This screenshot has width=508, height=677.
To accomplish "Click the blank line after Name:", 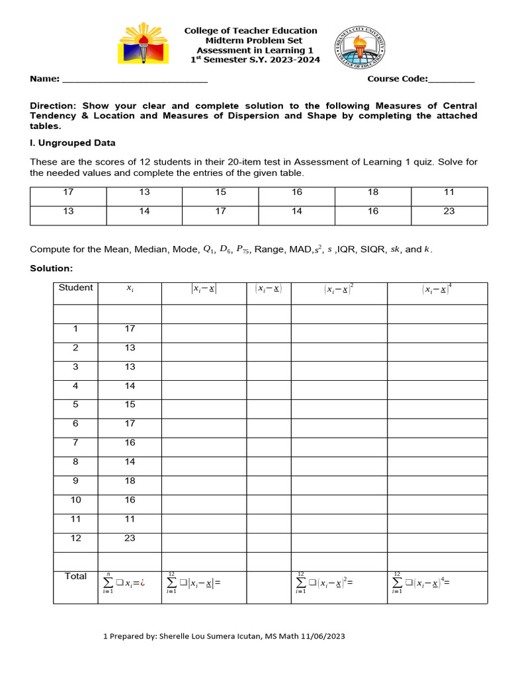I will pyautogui.click(x=135, y=79).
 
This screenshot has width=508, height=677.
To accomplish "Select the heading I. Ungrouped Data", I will pyautogui.click(x=73, y=143).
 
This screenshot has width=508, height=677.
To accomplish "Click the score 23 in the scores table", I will pyautogui.click(x=449, y=212).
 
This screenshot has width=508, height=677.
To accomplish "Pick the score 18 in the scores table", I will pyautogui.click(x=373, y=192).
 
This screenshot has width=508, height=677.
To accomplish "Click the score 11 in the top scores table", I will pyautogui.click(x=449, y=192).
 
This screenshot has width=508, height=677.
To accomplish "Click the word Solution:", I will pyautogui.click(x=52, y=268).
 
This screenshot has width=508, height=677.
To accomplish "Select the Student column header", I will pyautogui.click(x=75, y=288).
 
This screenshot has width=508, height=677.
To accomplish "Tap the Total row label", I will pyautogui.click(x=75, y=577).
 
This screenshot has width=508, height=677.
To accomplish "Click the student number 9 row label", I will pyautogui.click(x=75, y=481).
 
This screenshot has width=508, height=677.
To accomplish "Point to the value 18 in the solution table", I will pyautogui.click(x=130, y=481).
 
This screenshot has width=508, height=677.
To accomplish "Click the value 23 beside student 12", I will pyautogui.click(x=130, y=538).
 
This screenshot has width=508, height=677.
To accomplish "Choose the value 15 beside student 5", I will pyautogui.click(x=130, y=404).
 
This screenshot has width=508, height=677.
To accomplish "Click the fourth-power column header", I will pyautogui.click(x=437, y=289).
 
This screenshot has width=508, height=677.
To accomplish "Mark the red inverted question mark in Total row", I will pyautogui.click(x=142, y=583).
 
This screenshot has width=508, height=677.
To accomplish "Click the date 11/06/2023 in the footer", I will pyautogui.click(x=323, y=636).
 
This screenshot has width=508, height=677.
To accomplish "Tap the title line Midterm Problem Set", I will pyautogui.click(x=250, y=40).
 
